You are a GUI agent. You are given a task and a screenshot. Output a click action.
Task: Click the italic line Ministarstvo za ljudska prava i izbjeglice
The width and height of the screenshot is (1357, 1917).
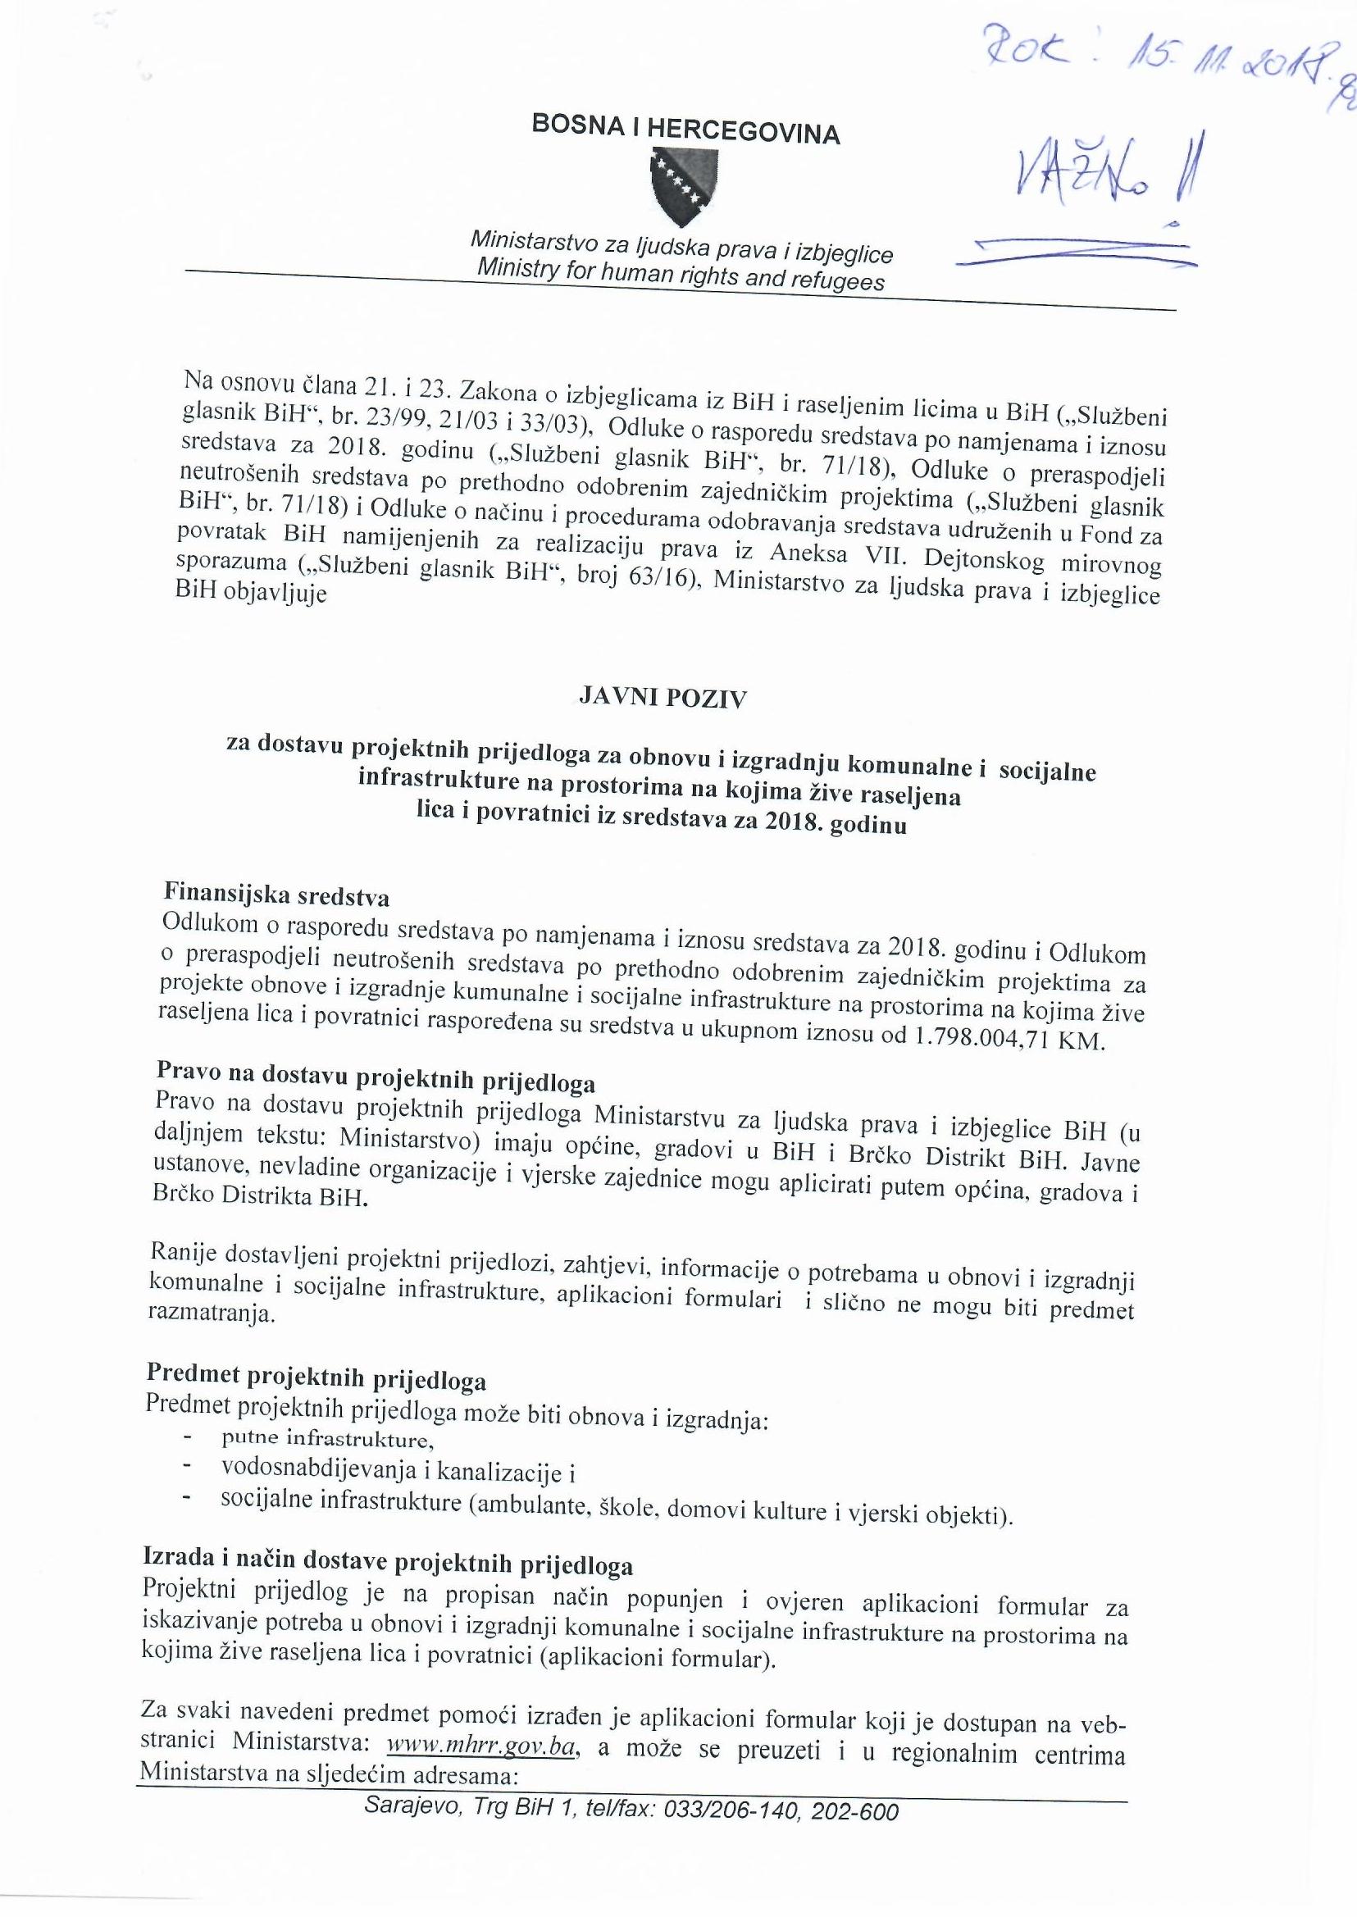[681, 247]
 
